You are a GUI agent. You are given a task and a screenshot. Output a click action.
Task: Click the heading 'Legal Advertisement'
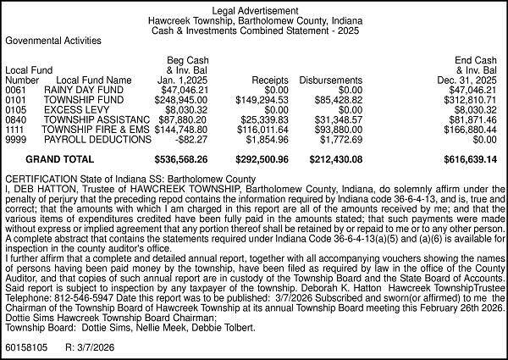tap(254, 8)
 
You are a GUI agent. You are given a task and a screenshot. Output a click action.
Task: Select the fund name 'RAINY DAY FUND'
tap(78, 90)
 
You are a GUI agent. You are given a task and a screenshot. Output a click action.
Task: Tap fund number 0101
tap(15, 100)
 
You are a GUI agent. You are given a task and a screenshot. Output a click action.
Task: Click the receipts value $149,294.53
tap(262, 100)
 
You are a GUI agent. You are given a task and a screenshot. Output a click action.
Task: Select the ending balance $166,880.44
tap(470, 130)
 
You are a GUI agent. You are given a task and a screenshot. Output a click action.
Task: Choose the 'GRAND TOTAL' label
tap(60, 159)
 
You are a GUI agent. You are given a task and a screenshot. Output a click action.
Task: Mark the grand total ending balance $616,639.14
tap(470, 159)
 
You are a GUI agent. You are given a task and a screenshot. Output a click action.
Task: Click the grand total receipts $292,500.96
tap(262, 159)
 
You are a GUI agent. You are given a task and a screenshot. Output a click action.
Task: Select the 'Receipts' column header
tap(271, 80)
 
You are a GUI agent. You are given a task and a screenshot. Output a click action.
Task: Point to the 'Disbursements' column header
tap(331, 80)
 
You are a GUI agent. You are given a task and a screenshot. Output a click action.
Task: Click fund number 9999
tap(15, 140)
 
